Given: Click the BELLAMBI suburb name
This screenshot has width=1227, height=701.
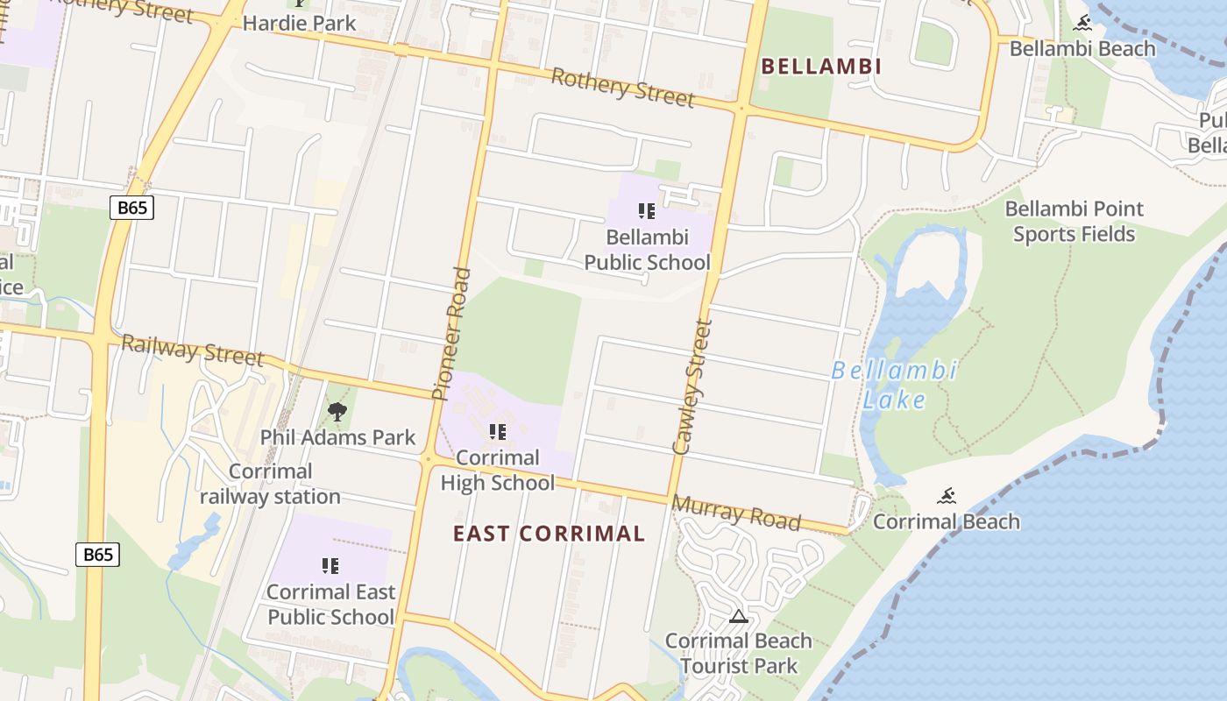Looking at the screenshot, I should point(820,67).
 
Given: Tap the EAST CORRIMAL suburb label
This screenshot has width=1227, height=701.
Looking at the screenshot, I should point(549,534).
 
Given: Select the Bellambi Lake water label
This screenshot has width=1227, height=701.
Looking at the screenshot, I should point(894,385).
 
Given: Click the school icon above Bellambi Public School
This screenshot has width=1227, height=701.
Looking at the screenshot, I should point(647,211).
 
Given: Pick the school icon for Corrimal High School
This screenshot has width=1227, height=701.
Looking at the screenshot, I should point(498,432).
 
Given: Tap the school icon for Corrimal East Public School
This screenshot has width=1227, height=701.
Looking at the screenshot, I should point(330,566).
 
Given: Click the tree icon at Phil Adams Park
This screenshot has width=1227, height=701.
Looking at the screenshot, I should point(337,411).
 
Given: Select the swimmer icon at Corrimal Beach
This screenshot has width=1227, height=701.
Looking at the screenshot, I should point(946,497).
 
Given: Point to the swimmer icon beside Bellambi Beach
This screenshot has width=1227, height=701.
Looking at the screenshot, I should point(1083,24).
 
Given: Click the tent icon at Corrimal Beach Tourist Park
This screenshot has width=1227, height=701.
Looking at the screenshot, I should point(739,616).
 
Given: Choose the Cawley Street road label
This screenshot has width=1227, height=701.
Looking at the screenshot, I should point(692,386).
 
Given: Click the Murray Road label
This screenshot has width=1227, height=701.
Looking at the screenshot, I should point(736,513).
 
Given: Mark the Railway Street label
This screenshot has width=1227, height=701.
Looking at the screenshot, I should point(192,350).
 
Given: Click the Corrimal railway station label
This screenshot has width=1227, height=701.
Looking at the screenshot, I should point(270,484).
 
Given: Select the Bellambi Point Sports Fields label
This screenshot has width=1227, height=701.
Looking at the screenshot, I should point(1074,222).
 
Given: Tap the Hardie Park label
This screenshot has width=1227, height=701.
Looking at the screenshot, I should point(299,23).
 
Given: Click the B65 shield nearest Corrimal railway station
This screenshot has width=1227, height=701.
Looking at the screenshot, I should point(97,555).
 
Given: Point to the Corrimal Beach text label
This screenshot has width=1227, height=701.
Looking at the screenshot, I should point(947,521).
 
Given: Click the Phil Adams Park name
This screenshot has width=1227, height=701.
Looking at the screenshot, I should point(337,436).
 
